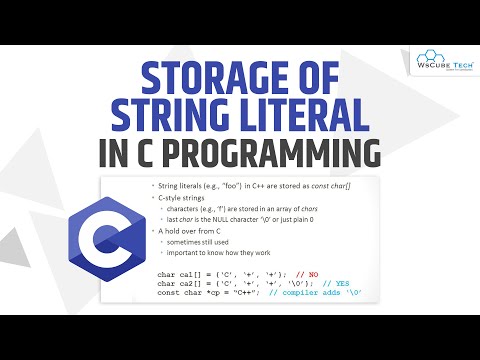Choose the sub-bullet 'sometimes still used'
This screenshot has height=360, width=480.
(203, 241)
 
